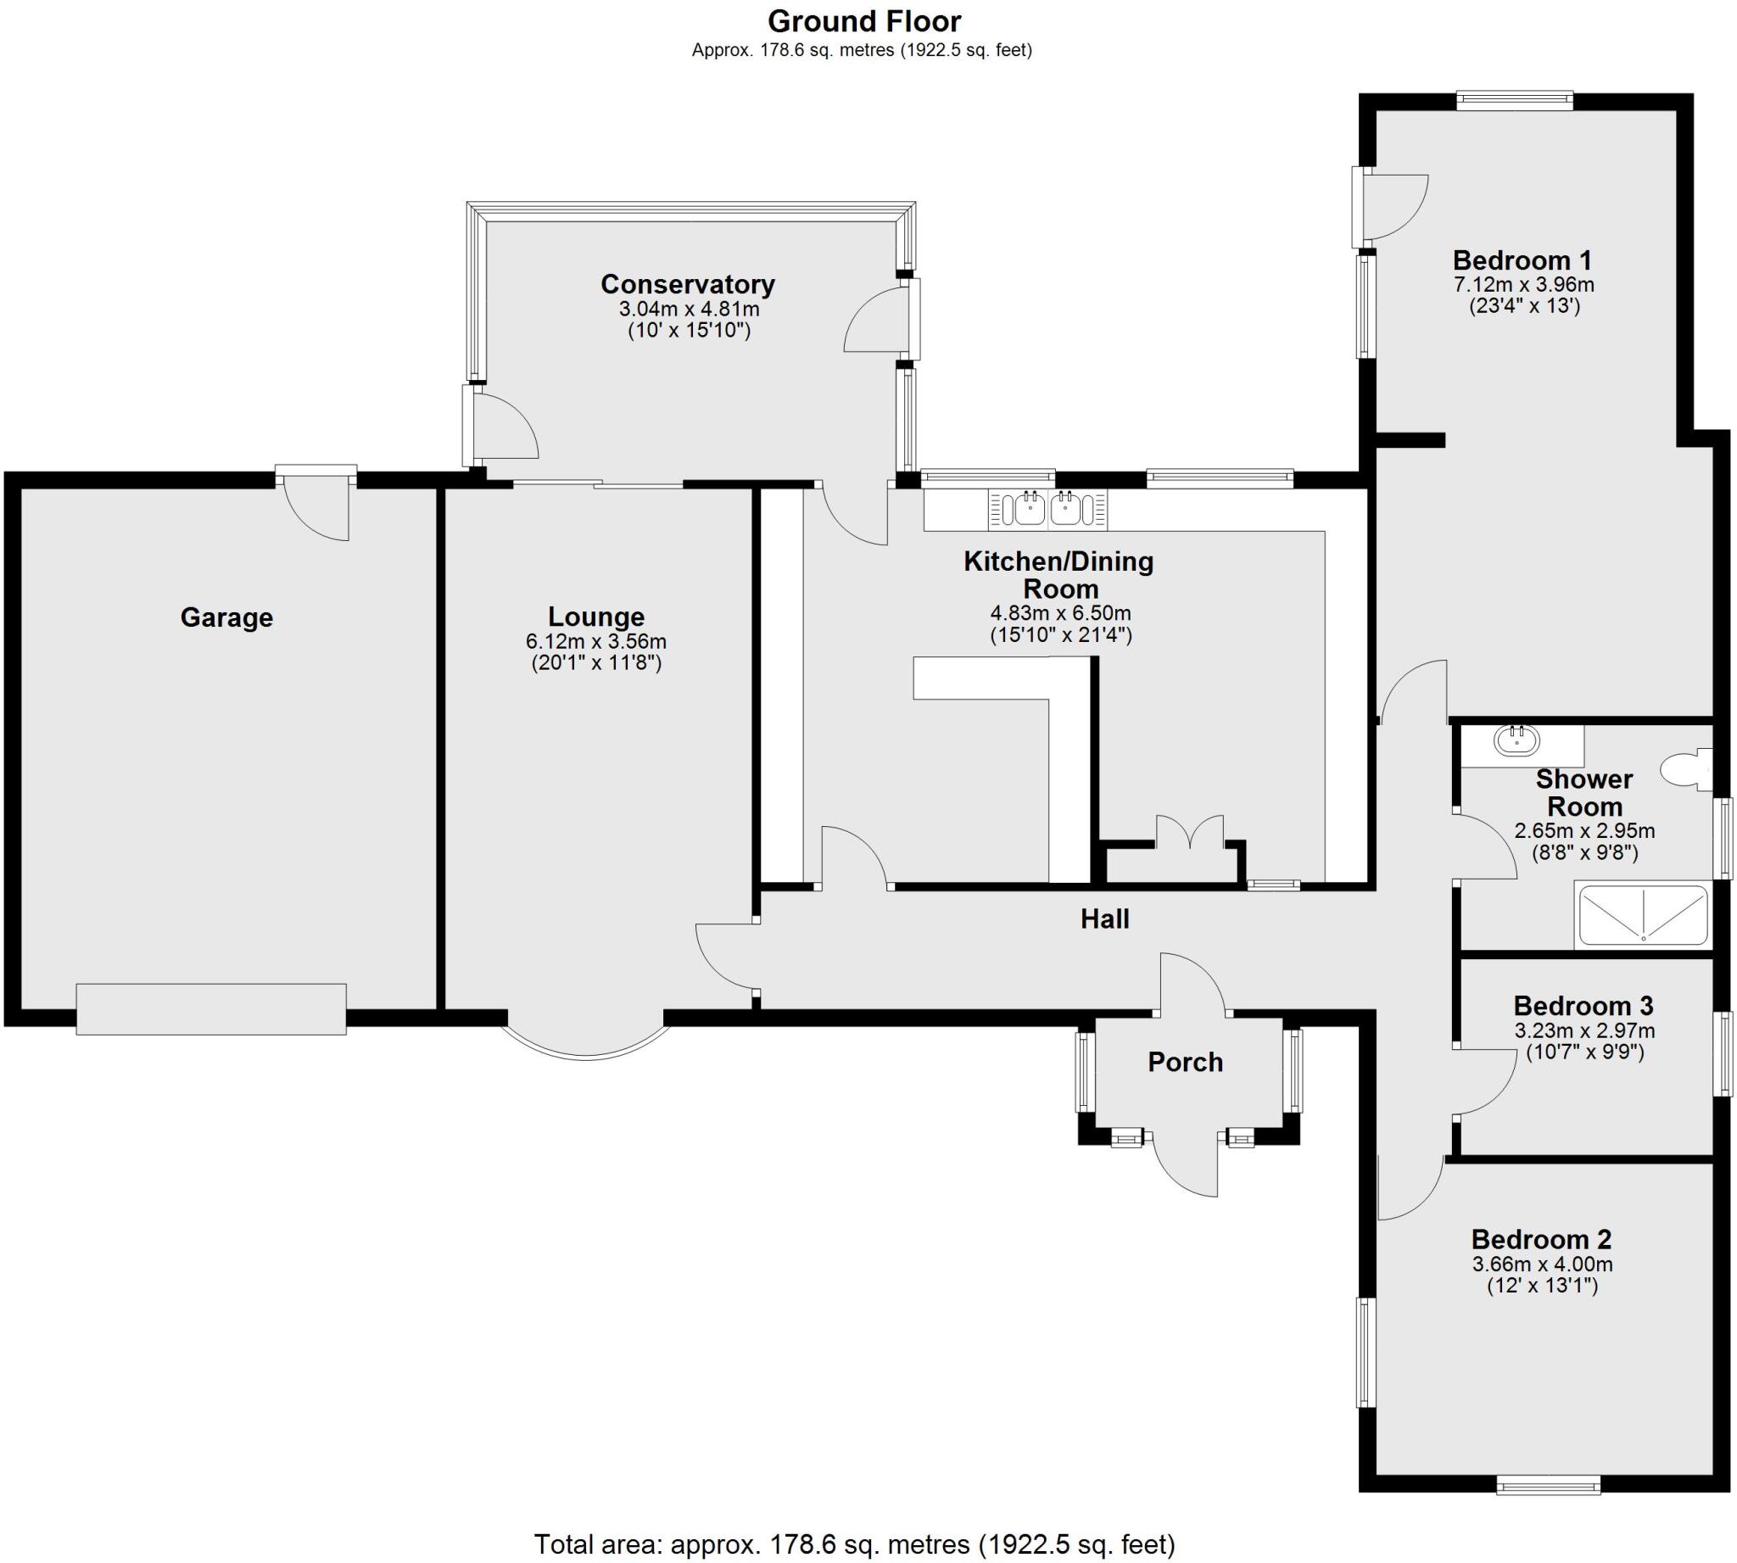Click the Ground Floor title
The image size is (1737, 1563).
[863, 20]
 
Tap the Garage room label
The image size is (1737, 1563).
[226, 617]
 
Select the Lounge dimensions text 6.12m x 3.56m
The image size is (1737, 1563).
[595, 641]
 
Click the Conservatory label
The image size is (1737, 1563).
[687, 284]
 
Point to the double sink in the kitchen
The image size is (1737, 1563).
[1047, 509]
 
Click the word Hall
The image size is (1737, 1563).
[1104, 920]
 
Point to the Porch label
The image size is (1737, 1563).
[1185, 1063]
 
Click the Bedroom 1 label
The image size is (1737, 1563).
[1522, 260]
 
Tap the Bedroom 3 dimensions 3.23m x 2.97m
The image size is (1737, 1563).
[1584, 1030]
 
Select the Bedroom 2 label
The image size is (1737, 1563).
[1541, 1240]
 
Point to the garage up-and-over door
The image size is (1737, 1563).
[210, 1009]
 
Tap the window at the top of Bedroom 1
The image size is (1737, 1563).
[1514, 100]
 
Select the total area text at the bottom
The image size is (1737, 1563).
[854, 1544]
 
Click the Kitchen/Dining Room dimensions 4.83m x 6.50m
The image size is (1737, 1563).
[1059, 613]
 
